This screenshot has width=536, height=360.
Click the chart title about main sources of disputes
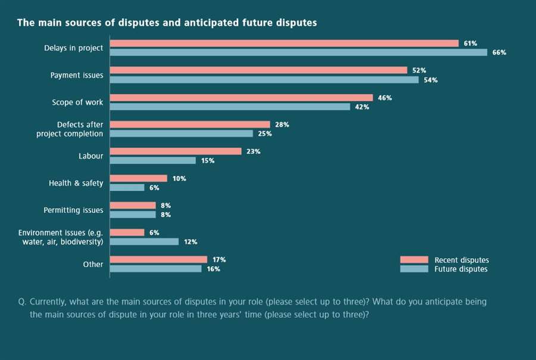tap(167, 23)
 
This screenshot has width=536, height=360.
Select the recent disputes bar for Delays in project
tap(284, 44)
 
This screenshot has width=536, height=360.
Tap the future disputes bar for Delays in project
tap(298, 52)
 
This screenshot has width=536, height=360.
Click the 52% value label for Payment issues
tap(419, 70)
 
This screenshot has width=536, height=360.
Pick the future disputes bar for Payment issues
tap(264, 79)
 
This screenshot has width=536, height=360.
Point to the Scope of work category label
tap(77, 103)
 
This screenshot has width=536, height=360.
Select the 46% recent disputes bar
tap(241, 98)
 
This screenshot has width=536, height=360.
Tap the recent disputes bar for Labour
tap(176, 151)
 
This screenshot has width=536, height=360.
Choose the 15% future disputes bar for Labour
tap(153, 160)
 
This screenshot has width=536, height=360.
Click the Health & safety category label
tap(76, 183)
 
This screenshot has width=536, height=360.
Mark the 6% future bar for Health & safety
tap(127, 187)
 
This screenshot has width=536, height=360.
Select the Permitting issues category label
tap(73, 210)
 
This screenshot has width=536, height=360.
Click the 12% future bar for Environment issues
tap(144, 241)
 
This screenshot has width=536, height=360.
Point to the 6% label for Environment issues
tap(154, 232)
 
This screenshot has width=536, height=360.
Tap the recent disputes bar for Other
tap(158, 259)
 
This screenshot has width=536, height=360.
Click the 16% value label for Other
tap(213, 269)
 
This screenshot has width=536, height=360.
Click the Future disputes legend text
tap(461, 269)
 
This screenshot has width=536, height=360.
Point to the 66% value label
tap(499, 52)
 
